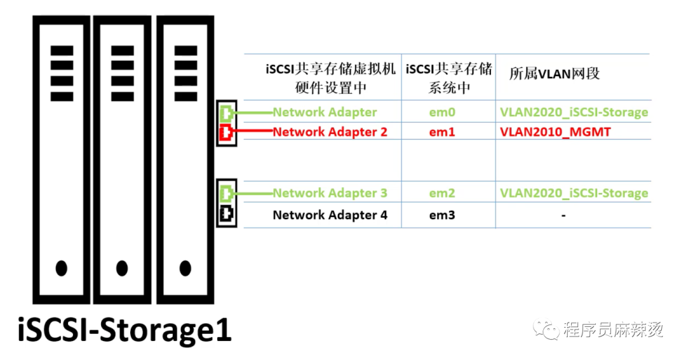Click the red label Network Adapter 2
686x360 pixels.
coord(330,133)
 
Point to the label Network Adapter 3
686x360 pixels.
coord(330,193)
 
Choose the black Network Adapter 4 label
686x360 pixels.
coord(330,215)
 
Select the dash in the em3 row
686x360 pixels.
coord(563,216)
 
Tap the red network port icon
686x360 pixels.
coord(226,133)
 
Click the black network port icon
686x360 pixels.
coord(226,215)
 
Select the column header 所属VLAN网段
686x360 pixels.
coord(555,74)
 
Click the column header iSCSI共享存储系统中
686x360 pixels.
coord(448,78)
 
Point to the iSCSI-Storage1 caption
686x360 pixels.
coord(124,330)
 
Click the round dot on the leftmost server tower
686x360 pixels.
coord(62,269)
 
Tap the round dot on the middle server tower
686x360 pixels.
coord(123,269)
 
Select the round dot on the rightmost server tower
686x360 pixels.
coord(185,269)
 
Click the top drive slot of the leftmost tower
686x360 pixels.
coord(62,50)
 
